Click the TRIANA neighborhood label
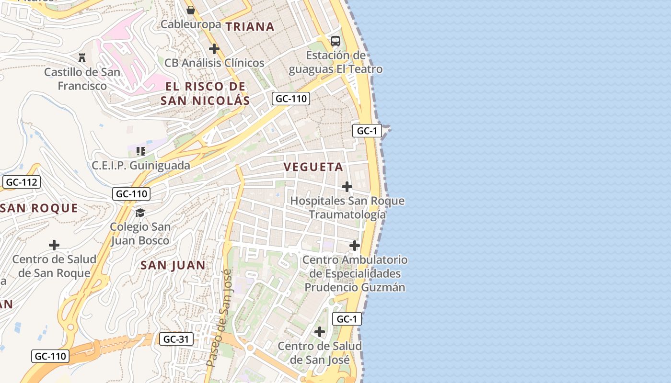[250, 27]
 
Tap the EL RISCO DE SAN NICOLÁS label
[205, 93]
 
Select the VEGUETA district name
[313, 167]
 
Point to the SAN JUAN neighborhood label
[173, 265]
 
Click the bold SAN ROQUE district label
[39, 208]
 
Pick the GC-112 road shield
[21, 182]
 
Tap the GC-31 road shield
[176, 339]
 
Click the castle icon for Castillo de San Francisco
[82, 58]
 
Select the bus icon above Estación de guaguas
[335, 41]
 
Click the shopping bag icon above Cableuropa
[191, 10]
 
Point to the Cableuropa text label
[191, 24]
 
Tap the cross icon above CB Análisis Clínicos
[214, 49]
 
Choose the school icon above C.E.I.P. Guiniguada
[141, 152]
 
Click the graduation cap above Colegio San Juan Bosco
[140, 213]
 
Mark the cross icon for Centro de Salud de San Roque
[54, 246]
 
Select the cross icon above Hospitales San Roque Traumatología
[347, 187]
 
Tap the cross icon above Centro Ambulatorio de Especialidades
[355, 246]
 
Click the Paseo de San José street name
[219, 318]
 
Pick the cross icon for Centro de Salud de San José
[320, 332]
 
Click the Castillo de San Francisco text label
[82, 79]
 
